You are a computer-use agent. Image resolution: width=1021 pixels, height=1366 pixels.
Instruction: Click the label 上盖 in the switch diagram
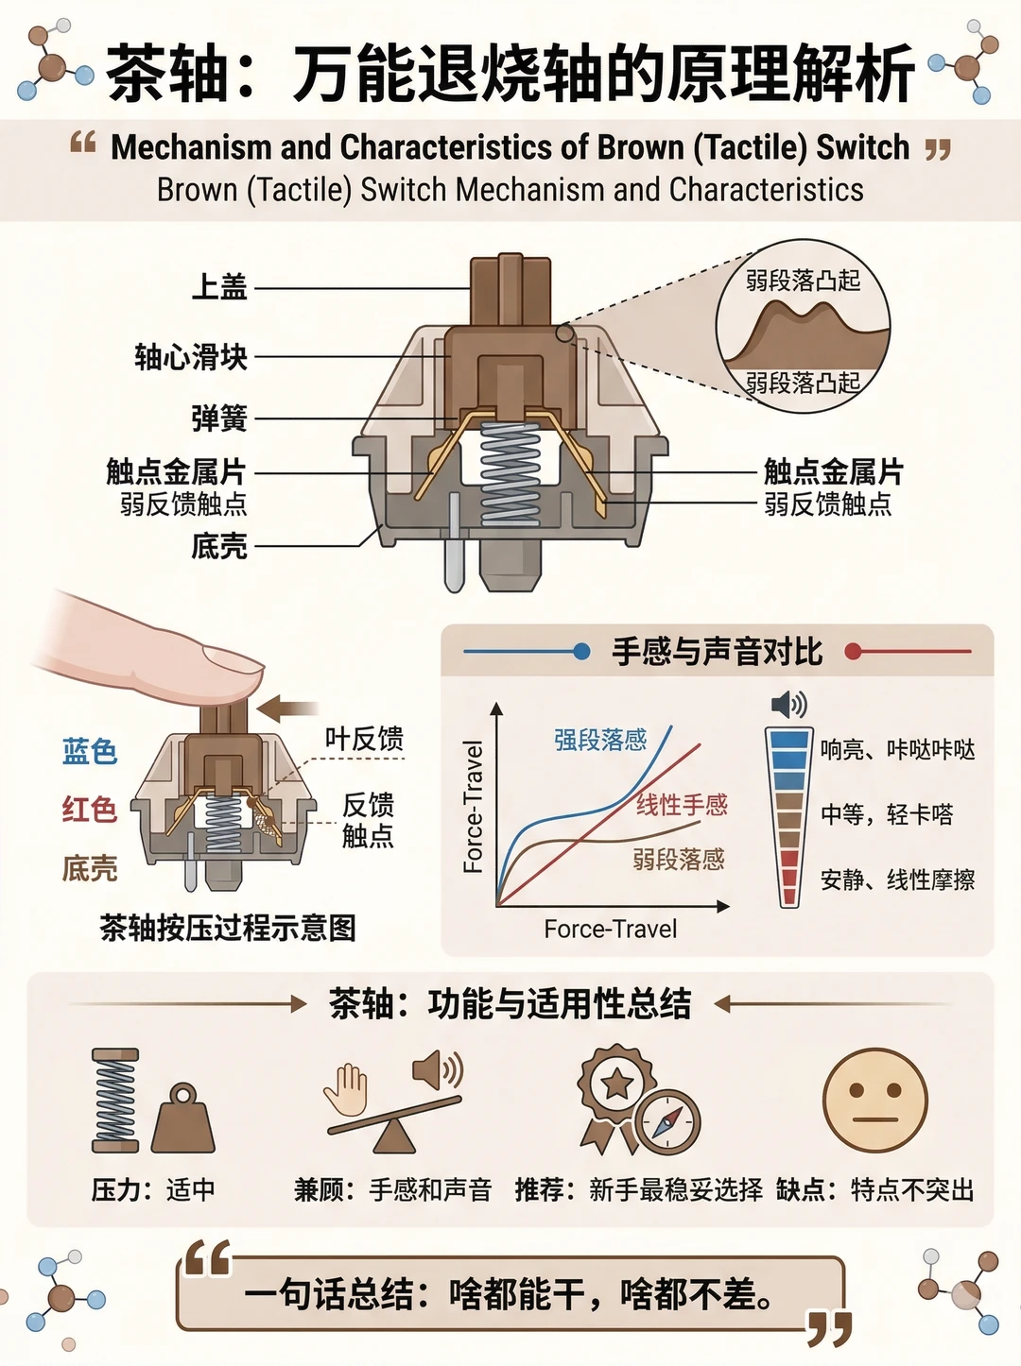tap(219, 287)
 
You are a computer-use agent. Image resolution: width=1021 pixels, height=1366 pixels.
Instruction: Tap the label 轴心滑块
tap(191, 357)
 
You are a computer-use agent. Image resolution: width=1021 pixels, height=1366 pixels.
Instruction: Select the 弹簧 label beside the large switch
tap(219, 418)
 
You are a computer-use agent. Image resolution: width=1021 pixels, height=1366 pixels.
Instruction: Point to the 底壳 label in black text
tap(219, 546)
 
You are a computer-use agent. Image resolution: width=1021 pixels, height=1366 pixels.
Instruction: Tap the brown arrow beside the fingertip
tap(287, 709)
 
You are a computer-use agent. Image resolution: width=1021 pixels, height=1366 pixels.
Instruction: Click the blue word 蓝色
tap(90, 751)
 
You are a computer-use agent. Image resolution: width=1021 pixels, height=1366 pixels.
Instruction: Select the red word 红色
tap(90, 810)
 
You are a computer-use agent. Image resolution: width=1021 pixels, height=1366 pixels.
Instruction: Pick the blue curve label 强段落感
tap(600, 740)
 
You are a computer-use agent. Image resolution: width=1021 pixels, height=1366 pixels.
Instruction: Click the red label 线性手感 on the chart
tap(682, 805)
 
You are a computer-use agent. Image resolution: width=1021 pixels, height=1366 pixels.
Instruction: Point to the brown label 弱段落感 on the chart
tap(679, 860)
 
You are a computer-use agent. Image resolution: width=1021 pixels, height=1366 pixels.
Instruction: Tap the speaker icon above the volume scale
tap(788, 705)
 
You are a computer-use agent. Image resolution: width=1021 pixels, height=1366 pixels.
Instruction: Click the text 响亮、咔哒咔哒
tap(898, 750)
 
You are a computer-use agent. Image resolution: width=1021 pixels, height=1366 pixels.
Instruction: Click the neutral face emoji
tap(874, 1100)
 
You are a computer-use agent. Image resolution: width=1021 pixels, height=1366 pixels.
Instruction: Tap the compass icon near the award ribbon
tap(666, 1123)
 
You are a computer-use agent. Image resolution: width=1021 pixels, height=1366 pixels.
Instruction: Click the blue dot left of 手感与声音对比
tap(580, 652)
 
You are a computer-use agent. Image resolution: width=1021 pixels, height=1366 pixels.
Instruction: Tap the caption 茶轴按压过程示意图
tap(228, 929)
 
